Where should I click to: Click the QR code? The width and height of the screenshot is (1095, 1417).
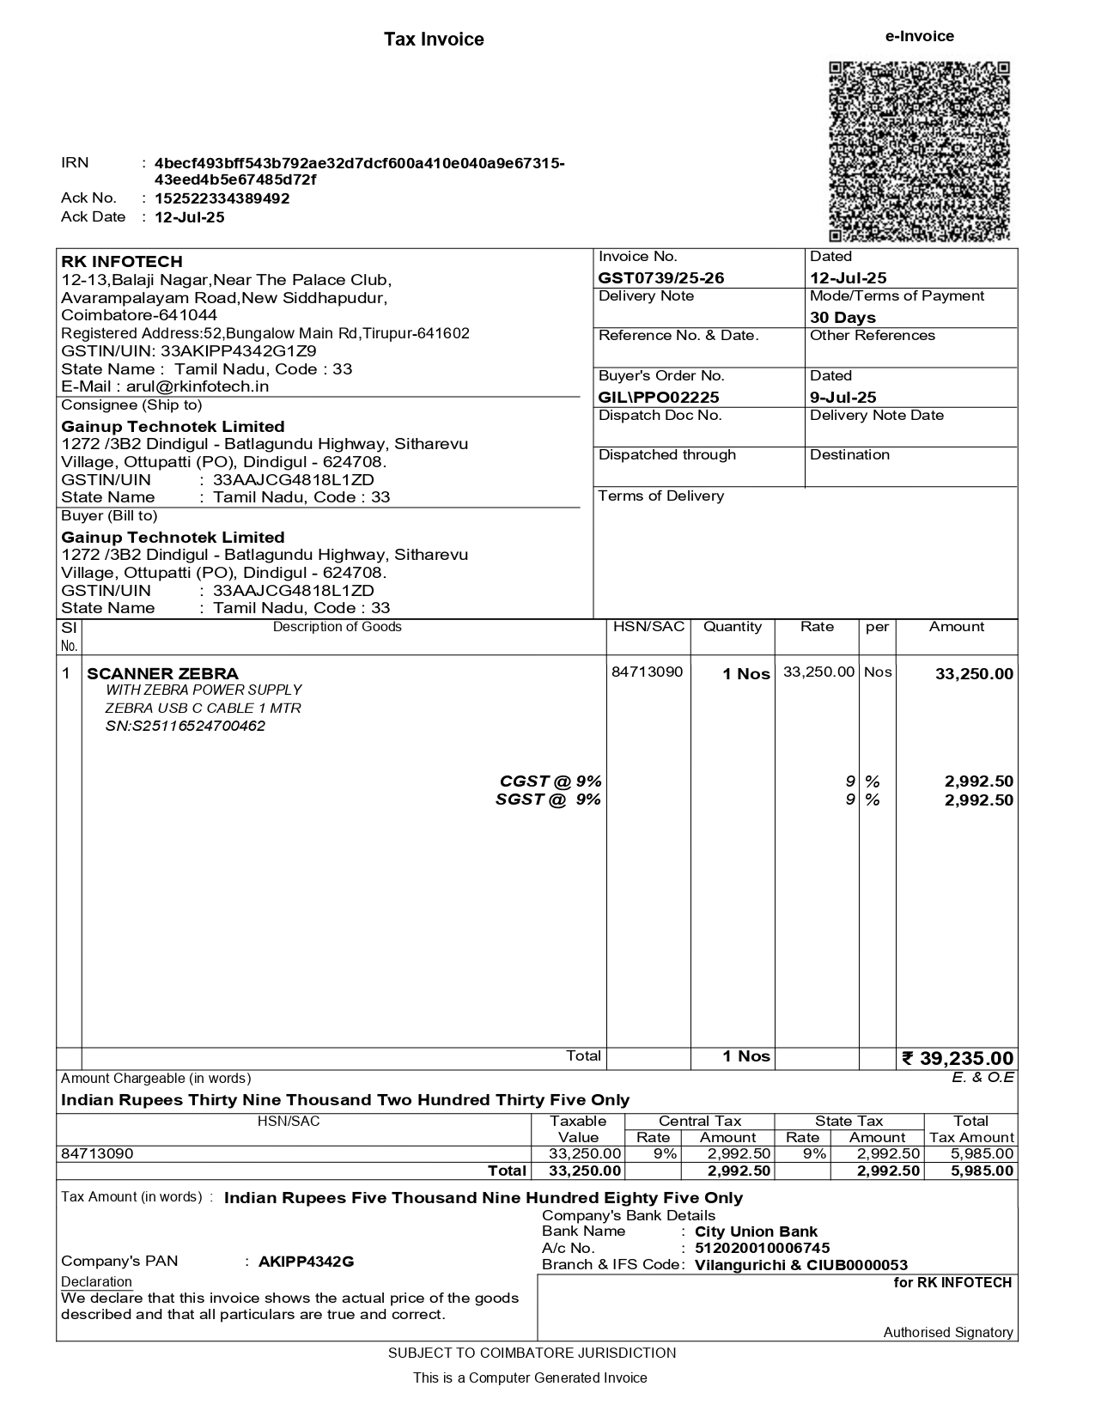(x=919, y=151)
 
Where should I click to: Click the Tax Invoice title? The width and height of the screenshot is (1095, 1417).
(x=434, y=40)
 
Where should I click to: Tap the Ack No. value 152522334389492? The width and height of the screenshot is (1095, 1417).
(x=222, y=198)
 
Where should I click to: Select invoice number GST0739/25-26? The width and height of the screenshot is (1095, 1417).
(x=661, y=277)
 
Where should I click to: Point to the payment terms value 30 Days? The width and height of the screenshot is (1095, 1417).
(x=843, y=317)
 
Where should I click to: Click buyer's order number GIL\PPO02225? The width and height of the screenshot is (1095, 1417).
(x=659, y=397)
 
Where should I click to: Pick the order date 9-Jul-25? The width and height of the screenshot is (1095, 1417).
(x=843, y=397)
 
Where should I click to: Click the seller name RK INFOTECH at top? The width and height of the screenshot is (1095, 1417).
(x=122, y=261)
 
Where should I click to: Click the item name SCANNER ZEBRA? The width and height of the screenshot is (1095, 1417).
(x=163, y=673)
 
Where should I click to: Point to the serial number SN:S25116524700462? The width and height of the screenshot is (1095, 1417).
(x=186, y=726)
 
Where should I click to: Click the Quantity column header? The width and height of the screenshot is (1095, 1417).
(x=733, y=627)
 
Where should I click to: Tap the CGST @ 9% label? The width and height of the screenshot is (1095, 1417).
(x=551, y=781)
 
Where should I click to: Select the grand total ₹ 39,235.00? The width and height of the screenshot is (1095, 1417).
(x=958, y=1058)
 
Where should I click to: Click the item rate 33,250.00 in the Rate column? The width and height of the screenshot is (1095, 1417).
(x=818, y=672)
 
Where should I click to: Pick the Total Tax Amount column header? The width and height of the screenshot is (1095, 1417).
(x=970, y=1128)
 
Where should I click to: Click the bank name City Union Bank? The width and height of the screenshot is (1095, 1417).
(x=756, y=1232)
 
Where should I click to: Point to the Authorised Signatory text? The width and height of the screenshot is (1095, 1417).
(x=948, y=1332)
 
